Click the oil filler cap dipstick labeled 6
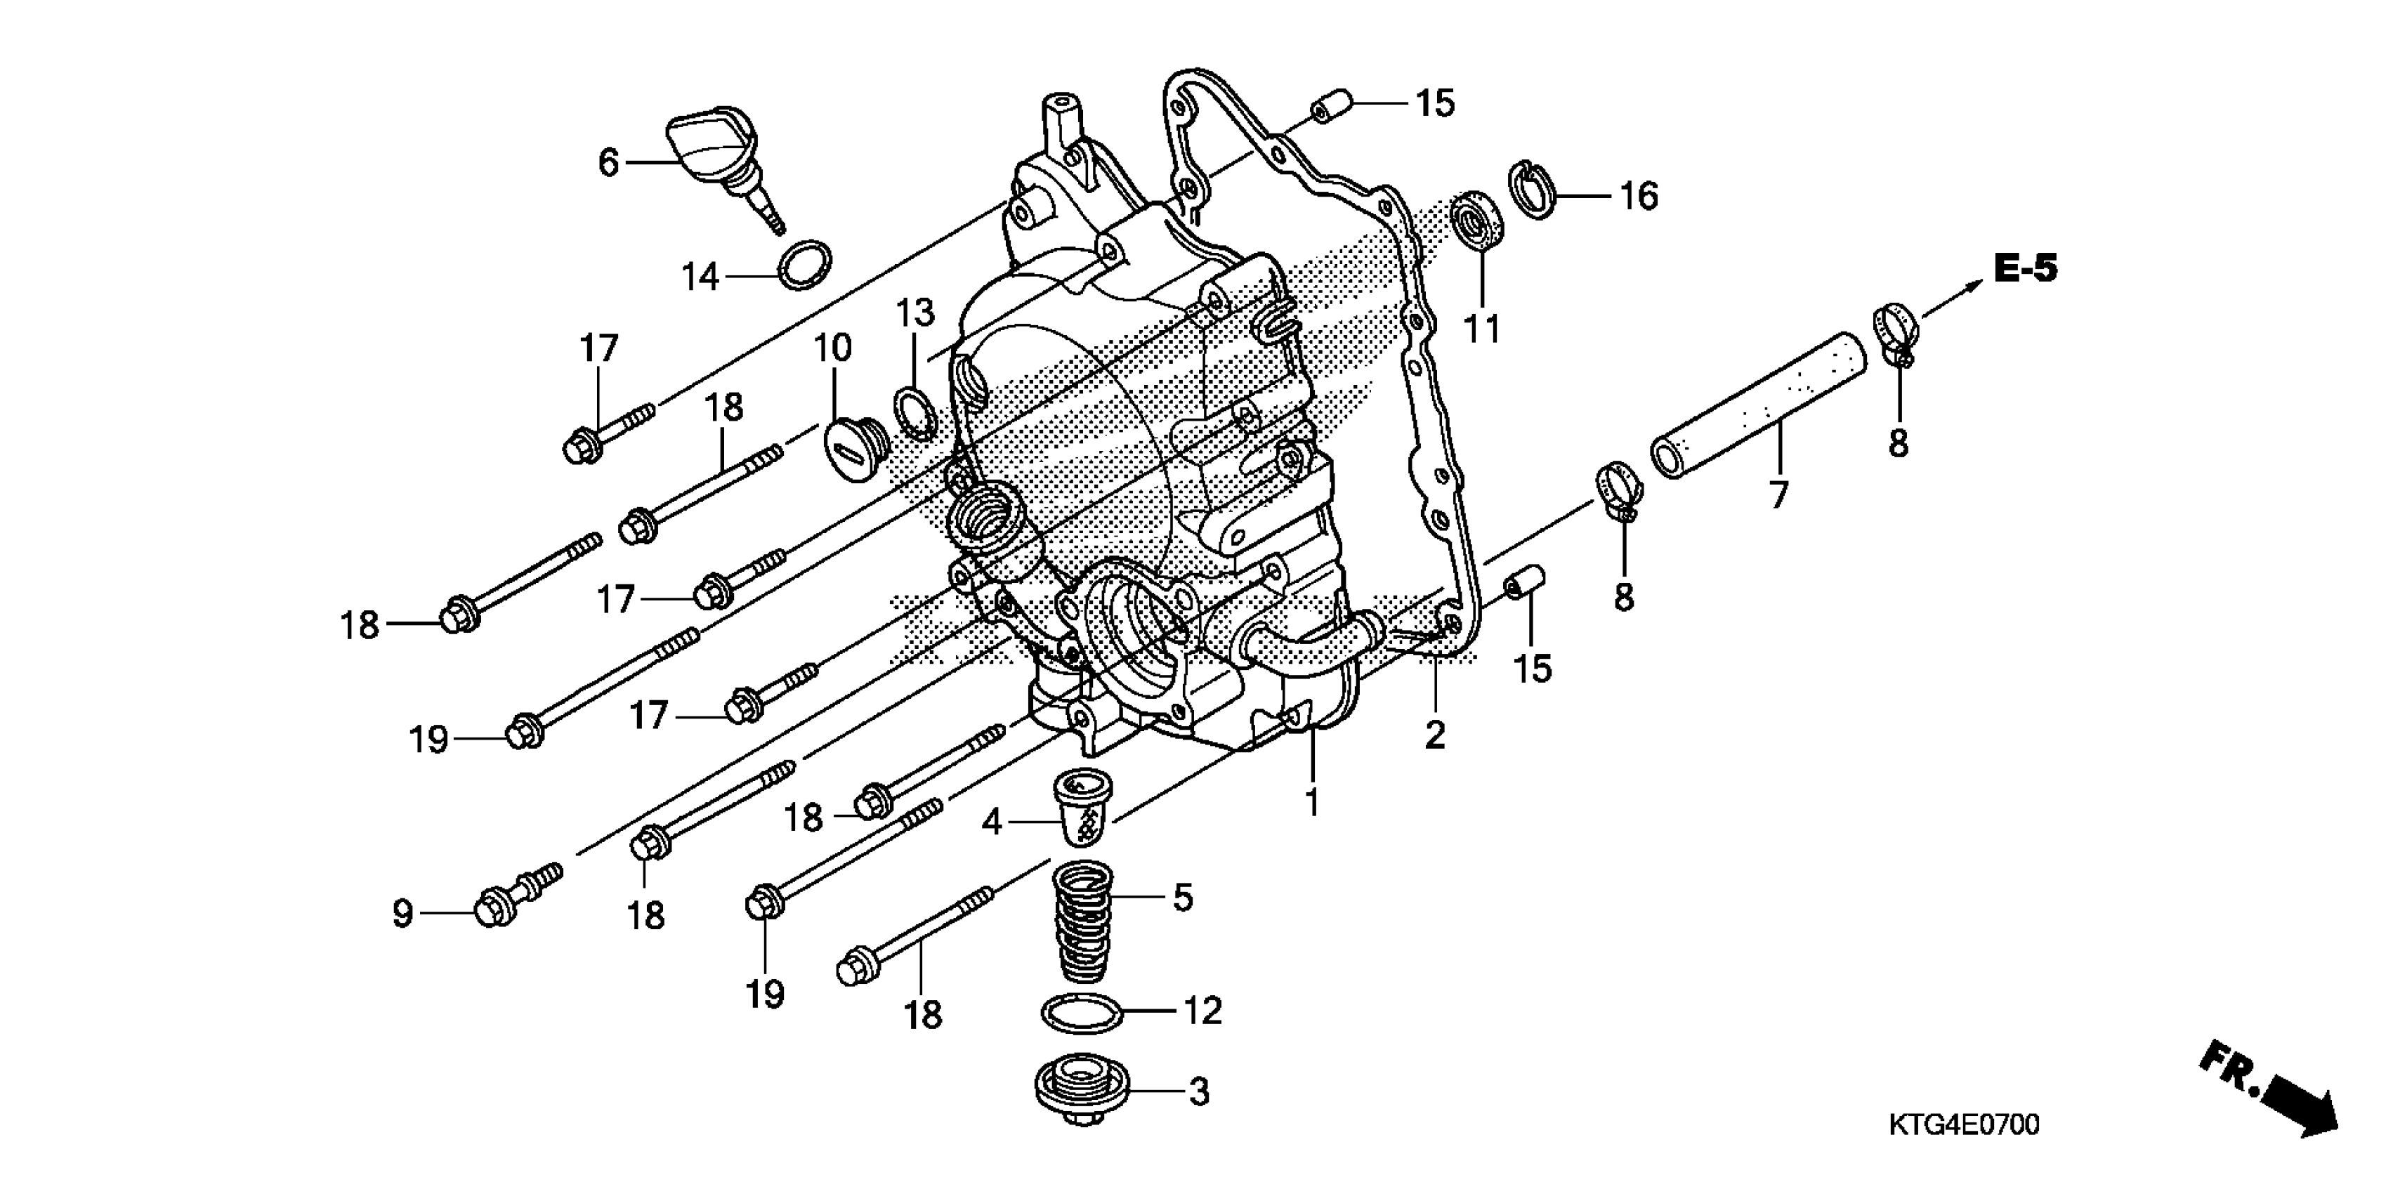point(714,158)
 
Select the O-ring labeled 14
point(804,265)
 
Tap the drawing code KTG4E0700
point(1964,1125)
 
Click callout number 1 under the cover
point(1312,801)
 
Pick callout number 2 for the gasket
point(1435,735)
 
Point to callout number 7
point(1778,495)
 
